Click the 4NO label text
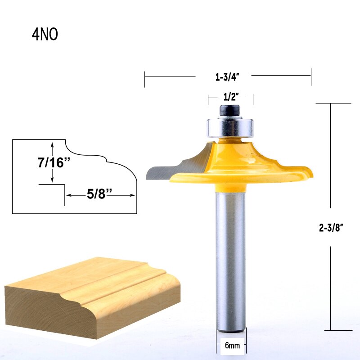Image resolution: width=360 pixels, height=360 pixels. [45, 35]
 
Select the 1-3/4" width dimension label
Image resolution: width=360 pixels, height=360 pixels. [227, 77]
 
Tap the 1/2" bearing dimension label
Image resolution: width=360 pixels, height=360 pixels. [231, 97]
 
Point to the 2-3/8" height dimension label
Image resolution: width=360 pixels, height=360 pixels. [331, 228]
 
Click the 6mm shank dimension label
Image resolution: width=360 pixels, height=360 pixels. [232, 345]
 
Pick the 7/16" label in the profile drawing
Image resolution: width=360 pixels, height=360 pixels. [54, 162]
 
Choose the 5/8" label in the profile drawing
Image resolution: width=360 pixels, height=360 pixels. [99, 194]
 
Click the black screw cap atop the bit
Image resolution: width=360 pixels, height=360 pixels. [229, 111]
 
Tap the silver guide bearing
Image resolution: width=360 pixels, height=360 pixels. [230, 128]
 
